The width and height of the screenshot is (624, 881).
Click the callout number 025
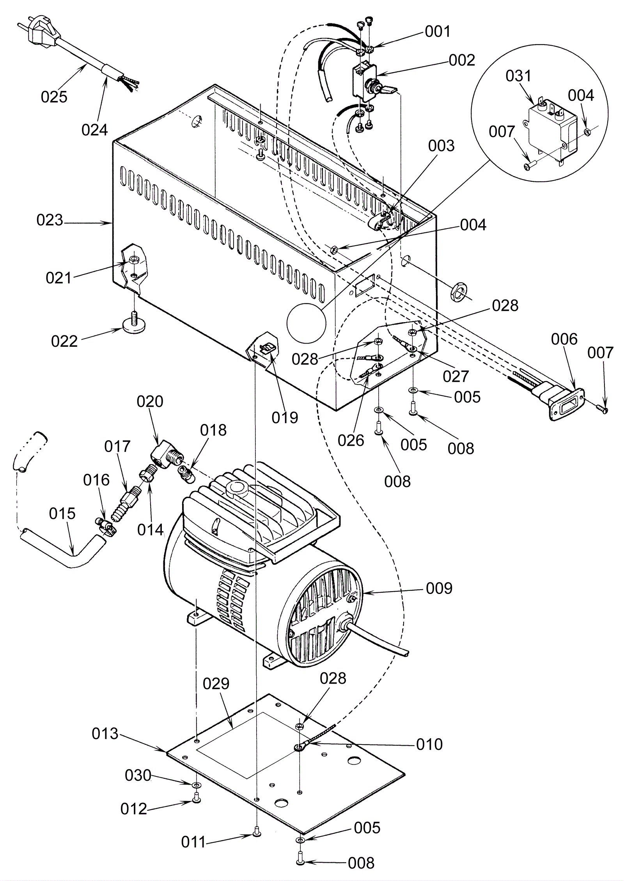[54, 96]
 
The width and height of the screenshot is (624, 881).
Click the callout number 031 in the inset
[518, 76]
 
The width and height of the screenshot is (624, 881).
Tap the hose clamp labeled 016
[106, 525]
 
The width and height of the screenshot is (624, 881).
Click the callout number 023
[50, 220]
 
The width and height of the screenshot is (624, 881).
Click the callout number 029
[216, 683]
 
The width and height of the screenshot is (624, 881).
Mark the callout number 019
[285, 417]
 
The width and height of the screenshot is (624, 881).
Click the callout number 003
[441, 146]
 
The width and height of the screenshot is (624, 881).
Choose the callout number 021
[59, 278]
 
